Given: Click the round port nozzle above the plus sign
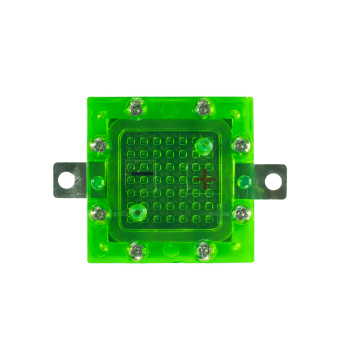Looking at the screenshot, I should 203,146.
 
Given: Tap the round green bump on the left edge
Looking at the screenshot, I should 97,181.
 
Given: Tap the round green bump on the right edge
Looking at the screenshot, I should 244,180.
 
